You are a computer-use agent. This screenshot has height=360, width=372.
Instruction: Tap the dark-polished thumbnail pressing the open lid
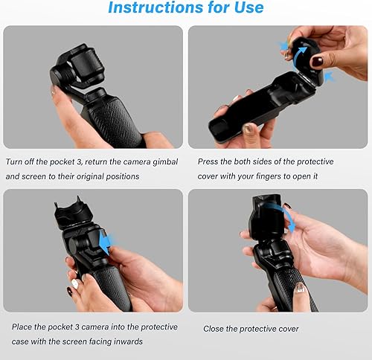[316, 61]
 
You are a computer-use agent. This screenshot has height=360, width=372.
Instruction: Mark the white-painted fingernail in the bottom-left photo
[75, 283]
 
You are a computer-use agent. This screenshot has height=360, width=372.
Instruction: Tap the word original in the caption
[96, 177]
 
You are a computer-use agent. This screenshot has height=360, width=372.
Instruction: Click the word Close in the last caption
[217, 328]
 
